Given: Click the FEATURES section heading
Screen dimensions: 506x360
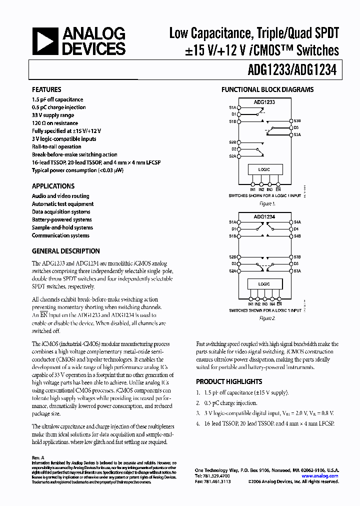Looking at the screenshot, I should pos(46,89).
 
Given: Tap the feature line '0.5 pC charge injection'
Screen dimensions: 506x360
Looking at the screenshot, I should pos(58,107).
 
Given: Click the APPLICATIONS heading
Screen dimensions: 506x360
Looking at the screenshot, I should pos(53,186).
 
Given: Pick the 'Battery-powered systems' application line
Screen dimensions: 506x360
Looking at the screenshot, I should pos(62,219).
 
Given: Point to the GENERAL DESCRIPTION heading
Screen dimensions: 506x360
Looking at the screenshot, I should pos(66,251).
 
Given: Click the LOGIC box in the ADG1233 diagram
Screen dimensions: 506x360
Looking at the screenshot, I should pos(264,170).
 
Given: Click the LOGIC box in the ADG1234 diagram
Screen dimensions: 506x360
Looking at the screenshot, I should pos(264,284).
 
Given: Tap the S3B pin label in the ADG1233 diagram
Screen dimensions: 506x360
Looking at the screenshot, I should pos(297,121).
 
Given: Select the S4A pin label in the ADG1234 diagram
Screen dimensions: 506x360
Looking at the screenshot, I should pos(297,222).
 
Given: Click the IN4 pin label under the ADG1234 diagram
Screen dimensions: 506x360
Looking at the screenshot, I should pos(271,304).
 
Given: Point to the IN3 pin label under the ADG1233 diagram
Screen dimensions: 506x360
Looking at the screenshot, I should pos(269,189).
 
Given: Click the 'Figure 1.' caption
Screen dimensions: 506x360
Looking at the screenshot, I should pos(266,204).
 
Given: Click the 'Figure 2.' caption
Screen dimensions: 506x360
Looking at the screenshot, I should pos(266,318).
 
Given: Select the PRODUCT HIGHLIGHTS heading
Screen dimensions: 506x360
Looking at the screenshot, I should pos(229,381).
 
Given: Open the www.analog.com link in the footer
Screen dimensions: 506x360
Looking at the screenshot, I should pos(320,476).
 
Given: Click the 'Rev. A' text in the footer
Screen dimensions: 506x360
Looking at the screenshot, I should pos(38,457).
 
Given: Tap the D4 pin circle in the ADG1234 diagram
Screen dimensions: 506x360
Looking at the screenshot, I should pos(290,229).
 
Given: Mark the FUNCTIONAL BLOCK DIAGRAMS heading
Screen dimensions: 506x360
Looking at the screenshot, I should pos(267,90).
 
